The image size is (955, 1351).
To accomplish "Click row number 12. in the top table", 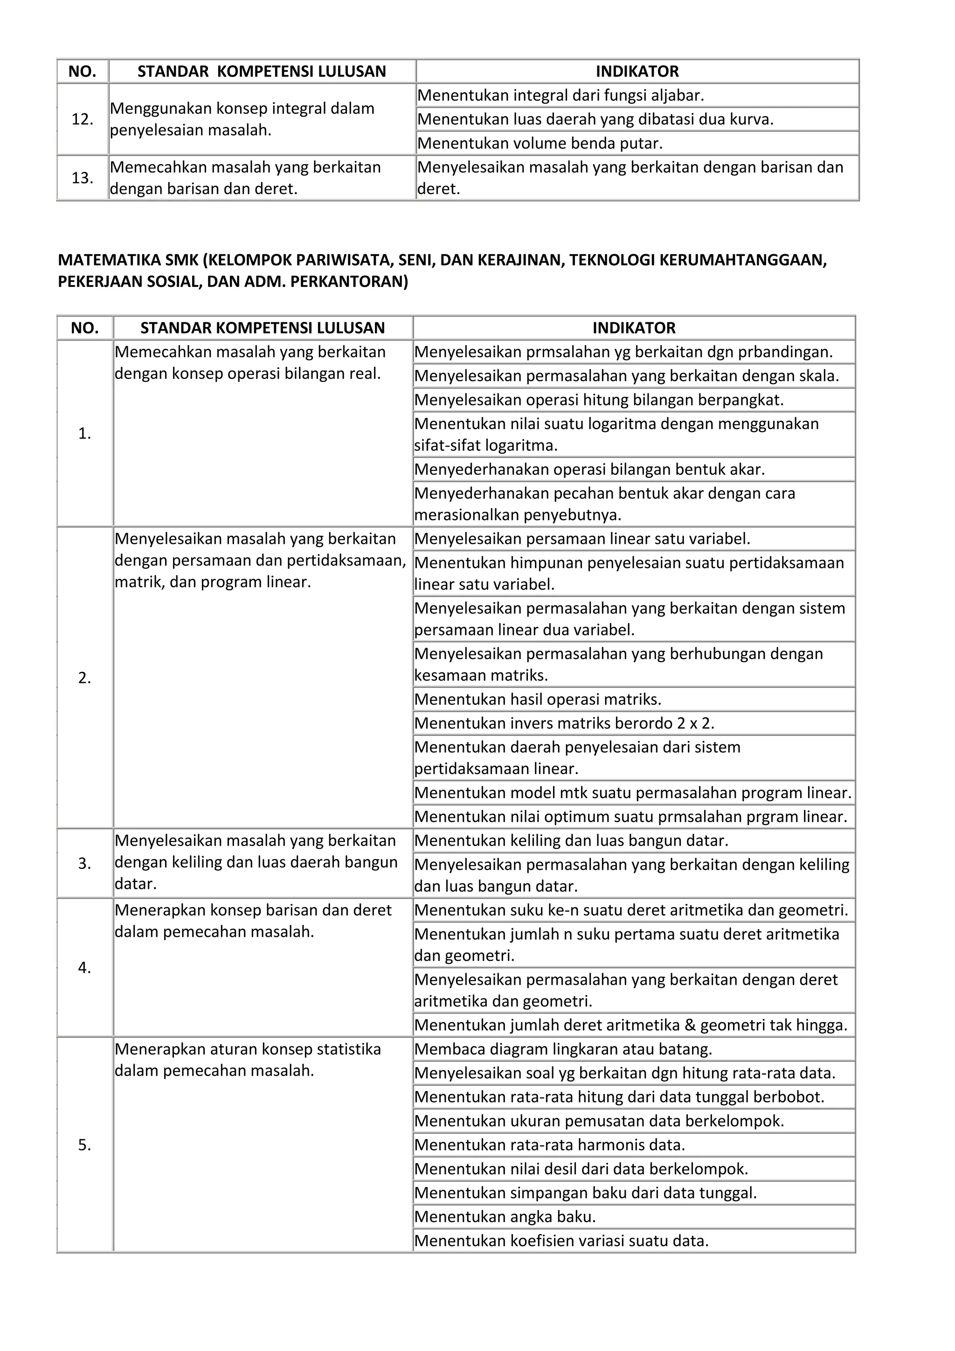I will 83,119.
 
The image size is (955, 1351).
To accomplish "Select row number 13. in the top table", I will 83,178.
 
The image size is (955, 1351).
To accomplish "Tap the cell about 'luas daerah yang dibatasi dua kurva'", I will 595,119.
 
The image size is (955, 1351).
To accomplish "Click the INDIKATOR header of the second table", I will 634,328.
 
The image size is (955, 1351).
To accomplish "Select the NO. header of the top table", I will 83,72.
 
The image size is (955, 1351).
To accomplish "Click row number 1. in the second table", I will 85,434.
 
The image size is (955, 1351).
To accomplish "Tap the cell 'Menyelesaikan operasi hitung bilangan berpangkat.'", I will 599,400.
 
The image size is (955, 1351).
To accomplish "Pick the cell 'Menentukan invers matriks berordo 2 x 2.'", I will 564,723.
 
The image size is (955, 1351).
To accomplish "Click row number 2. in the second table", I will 85,678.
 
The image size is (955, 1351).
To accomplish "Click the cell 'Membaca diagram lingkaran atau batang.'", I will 563,1049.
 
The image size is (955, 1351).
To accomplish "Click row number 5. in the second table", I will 85,1145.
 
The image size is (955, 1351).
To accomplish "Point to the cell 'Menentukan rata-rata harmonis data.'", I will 549,1145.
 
